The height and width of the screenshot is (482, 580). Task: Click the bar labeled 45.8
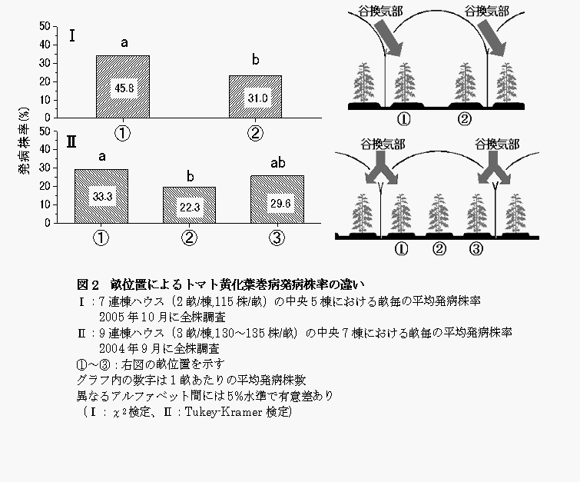(x=123, y=87)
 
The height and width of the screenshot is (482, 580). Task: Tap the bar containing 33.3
(x=101, y=197)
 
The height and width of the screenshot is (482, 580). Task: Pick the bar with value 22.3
(x=189, y=205)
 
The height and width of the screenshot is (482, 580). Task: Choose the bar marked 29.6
(x=277, y=200)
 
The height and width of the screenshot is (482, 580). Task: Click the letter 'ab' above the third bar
(x=277, y=163)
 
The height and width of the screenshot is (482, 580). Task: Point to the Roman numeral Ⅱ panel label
(x=71, y=141)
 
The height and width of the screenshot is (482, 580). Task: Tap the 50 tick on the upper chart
(x=44, y=26)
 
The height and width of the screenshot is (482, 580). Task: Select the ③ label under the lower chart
(x=277, y=238)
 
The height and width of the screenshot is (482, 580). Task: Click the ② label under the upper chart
(x=255, y=133)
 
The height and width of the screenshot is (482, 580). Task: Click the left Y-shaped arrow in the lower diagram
(x=380, y=174)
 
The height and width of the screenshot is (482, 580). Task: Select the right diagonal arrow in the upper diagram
(x=492, y=38)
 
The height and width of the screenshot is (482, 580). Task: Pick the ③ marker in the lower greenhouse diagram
(x=476, y=249)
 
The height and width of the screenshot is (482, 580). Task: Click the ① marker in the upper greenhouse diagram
(x=403, y=119)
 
